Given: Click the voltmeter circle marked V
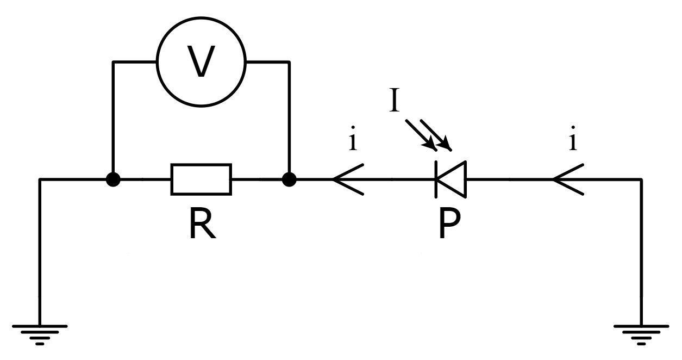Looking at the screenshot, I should (x=201, y=61).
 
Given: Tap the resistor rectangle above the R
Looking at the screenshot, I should (x=201, y=179).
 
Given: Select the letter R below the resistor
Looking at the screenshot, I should (x=202, y=225).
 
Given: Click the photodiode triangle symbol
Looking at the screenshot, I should (x=452, y=179).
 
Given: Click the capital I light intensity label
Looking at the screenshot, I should (x=395, y=101).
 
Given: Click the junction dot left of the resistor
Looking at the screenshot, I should (x=112, y=179).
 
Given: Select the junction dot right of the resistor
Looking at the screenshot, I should (x=289, y=179).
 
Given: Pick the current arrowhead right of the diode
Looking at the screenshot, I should (x=567, y=179).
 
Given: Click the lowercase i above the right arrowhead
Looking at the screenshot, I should (x=572, y=141).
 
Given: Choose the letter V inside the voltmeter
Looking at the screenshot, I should (x=201, y=61).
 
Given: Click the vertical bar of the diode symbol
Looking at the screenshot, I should (x=436, y=179).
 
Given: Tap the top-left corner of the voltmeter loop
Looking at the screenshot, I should (x=112, y=62).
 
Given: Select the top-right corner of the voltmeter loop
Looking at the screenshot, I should (x=289, y=62).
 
